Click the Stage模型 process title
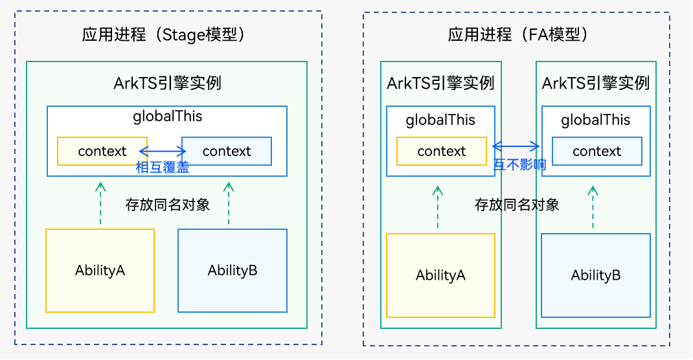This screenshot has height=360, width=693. (167, 34)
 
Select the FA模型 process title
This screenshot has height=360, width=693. (518, 34)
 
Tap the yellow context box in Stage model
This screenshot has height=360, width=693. (102, 152)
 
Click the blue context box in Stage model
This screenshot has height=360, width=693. (226, 152)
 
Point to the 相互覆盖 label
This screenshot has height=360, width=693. (163, 168)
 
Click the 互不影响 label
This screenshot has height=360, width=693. (519, 165)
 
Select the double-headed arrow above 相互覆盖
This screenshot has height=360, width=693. (162, 152)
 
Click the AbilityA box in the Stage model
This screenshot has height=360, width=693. (100, 271)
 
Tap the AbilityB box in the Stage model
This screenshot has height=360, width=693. (233, 271)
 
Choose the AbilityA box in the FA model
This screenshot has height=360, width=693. (440, 275)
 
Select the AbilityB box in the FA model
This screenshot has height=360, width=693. (596, 275)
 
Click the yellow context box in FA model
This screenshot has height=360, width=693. (441, 152)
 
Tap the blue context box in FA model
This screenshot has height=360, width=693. (596, 152)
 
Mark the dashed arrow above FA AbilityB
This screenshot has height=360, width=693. (593, 207)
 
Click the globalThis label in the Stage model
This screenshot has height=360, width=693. (167, 117)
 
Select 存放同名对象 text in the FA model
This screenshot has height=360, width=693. (517, 205)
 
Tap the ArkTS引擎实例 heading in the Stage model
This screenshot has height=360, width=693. (167, 84)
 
